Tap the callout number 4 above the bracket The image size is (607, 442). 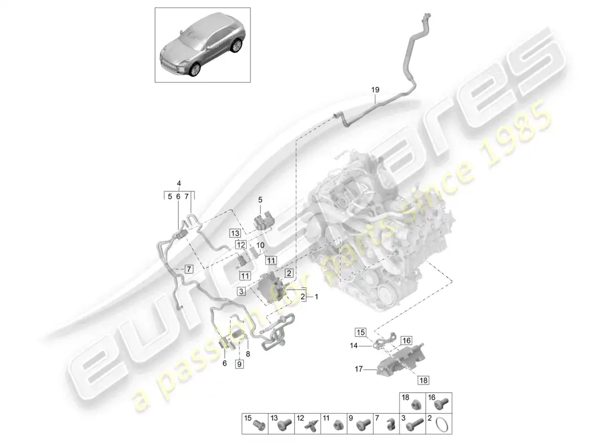179,183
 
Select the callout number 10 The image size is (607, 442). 260,245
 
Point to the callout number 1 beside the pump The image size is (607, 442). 317,297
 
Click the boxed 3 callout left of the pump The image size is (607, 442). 241,291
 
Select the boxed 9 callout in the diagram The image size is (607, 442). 239,364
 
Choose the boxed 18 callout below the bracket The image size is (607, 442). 423,380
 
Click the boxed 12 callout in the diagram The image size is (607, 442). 241,244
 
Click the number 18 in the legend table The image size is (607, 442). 406,397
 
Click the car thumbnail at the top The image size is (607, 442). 203,45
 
